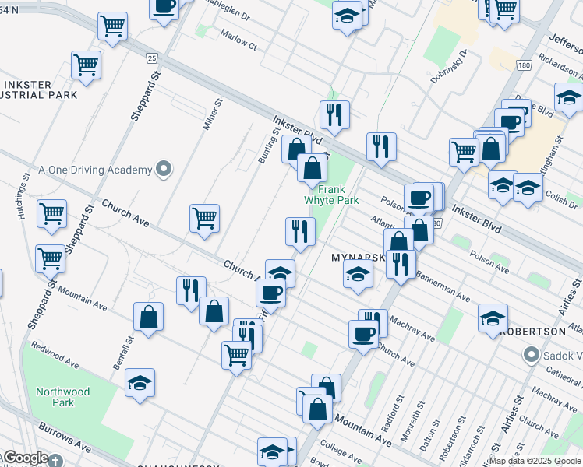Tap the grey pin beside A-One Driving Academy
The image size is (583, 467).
(163, 169)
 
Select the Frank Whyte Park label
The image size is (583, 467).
(337, 194)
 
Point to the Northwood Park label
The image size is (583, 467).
(63, 397)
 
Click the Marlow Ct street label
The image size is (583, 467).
(238, 46)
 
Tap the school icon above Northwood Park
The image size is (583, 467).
(140, 382)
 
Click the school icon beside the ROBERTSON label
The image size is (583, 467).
(493, 318)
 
